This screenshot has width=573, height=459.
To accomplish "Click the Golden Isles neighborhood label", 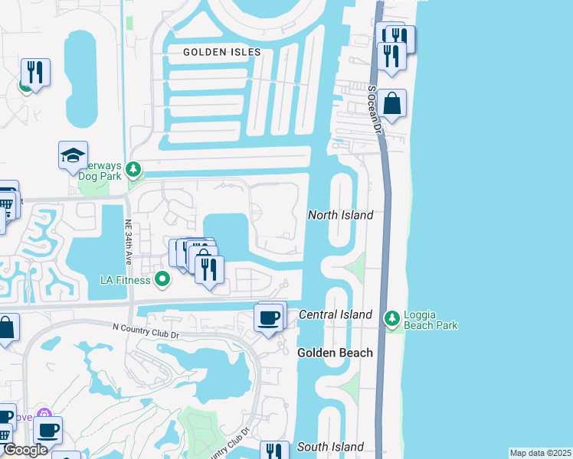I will click(x=222, y=52).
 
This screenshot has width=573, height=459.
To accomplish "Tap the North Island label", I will click(x=340, y=215).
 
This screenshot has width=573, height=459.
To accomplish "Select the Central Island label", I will click(x=336, y=314).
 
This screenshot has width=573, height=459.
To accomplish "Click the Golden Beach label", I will click(x=335, y=353).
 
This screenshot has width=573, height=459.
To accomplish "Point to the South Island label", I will click(x=330, y=447).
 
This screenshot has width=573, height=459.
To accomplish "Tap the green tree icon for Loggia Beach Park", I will click(x=391, y=317).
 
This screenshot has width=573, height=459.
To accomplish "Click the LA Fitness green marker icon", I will click(x=162, y=279).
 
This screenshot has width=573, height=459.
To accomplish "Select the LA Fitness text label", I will click(x=126, y=279).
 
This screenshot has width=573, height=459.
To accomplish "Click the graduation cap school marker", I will click(x=74, y=155).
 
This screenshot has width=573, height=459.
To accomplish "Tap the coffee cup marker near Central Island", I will click(x=269, y=318).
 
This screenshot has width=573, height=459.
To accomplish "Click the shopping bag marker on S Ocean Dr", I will click(x=391, y=104).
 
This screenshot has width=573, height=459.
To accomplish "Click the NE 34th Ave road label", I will click(x=126, y=239).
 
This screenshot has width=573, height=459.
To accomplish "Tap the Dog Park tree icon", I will click(x=134, y=168).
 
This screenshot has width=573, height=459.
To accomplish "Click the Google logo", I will click(x=25, y=451).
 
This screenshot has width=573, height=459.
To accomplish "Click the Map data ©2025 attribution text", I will click(x=539, y=453).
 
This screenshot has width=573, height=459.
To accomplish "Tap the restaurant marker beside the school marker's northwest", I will click(x=35, y=73).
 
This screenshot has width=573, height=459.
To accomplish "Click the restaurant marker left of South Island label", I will click(x=274, y=452).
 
